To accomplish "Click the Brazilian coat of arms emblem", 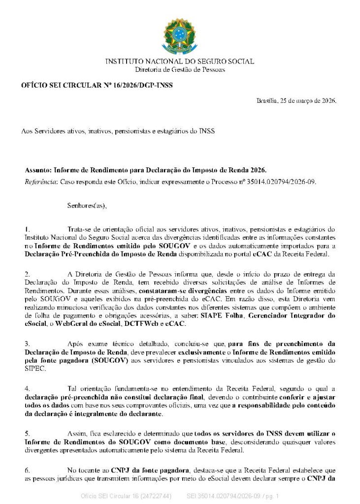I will (x=180, y=36).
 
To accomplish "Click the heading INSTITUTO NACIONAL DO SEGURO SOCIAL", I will (x=180, y=62).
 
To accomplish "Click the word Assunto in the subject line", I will (x=37, y=170).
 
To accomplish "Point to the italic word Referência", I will (x=41, y=182).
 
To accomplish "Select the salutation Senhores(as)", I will (x=87, y=205).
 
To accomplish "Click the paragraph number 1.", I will (x=27, y=229).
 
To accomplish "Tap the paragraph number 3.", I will (x=27, y=343).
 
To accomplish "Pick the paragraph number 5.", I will (x=27, y=433).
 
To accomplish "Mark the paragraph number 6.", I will (x=27, y=470).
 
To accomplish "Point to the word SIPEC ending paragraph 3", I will (x=34, y=369).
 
